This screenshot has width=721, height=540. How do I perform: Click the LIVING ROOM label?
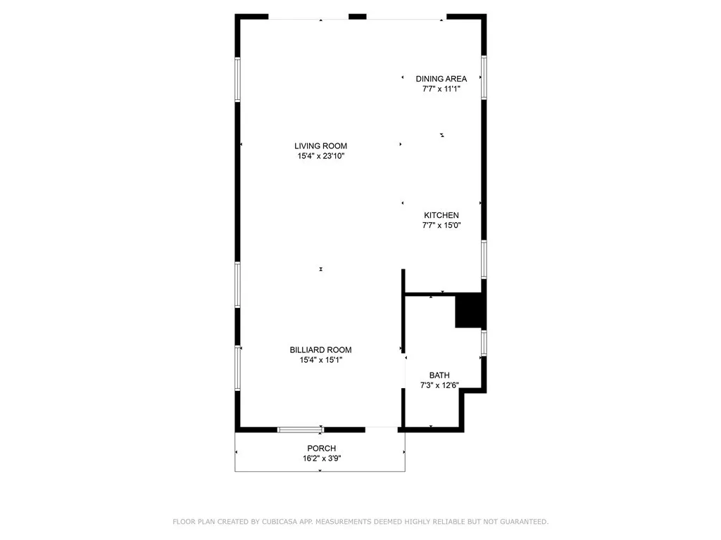(x=320, y=146)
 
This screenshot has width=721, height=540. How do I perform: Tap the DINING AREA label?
(x=441, y=79)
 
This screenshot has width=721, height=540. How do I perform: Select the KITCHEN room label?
(x=441, y=215)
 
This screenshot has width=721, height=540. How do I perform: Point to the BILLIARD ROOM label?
(x=320, y=349)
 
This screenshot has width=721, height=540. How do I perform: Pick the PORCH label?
(x=321, y=449)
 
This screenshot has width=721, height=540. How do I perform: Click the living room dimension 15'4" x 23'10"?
(x=320, y=156)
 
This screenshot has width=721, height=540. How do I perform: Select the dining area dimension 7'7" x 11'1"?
(x=441, y=89)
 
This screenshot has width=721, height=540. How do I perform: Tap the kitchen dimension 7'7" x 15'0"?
(x=441, y=226)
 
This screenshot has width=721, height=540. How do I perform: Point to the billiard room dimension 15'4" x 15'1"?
(x=320, y=360)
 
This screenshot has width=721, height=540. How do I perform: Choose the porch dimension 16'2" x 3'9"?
(x=321, y=458)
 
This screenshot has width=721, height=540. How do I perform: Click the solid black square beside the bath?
(x=469, y=311)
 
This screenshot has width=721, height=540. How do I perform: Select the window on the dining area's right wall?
(x=484, y=77)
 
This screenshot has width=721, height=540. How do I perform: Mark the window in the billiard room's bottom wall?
(x=301, y=429)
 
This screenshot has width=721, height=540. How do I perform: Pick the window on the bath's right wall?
(x=484, y=342)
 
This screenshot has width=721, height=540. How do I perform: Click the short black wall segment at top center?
(x=358, y=16)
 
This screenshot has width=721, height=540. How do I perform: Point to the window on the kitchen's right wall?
(x=484, y=259)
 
